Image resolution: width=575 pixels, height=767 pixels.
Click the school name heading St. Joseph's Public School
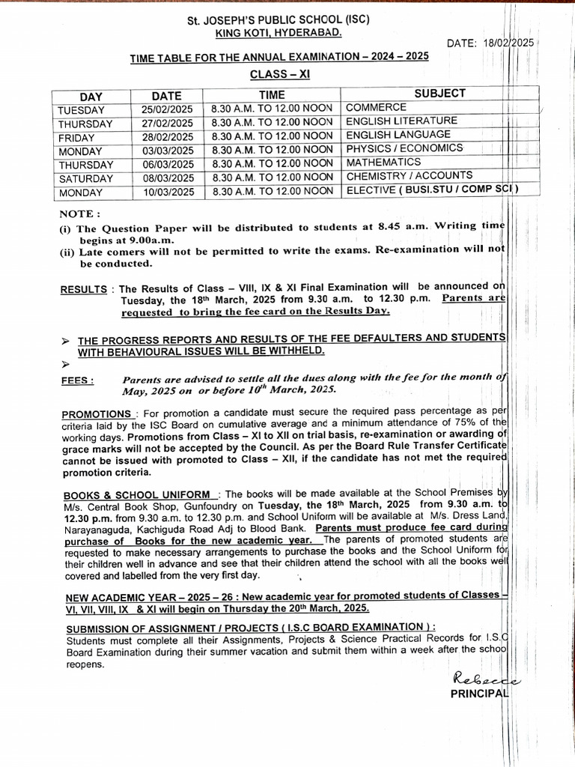[x=279, y=19]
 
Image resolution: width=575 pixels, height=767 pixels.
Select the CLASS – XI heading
[x=279, y=75]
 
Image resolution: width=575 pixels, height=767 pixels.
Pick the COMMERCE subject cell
[x=376, y=108]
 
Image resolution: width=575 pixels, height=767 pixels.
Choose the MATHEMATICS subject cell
[x=383, y=163]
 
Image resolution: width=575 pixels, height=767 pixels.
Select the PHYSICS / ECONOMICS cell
[x=404, y=149]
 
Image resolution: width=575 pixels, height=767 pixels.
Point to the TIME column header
[x=272, y=95]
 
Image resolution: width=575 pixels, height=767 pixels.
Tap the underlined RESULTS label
[x=85, y=289]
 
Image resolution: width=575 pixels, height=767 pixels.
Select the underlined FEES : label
[x=77, y=381]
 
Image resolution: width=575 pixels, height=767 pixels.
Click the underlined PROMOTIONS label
[x=97, y=413]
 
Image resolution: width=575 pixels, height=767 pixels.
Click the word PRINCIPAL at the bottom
[x=479, y=694]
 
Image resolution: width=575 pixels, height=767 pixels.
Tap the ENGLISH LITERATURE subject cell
[x=401, y=121]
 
